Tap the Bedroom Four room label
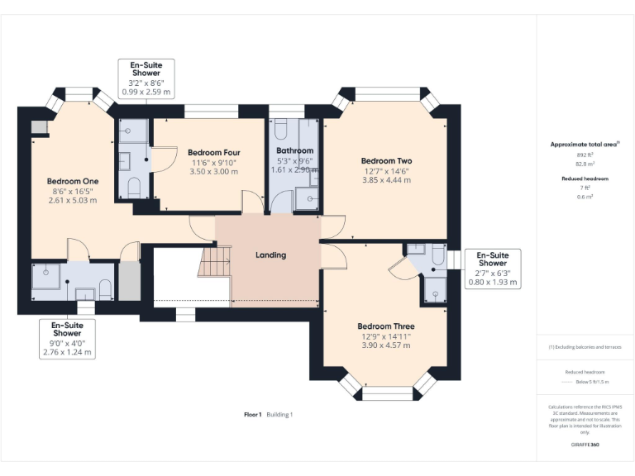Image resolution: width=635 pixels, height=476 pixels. click(x=214, y=152)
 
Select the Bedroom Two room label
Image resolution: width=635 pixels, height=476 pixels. click(x=386, y=161)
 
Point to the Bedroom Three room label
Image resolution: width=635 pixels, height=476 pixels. click(x=386, y=326)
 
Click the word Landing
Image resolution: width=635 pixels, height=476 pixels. click(x=270, y=255)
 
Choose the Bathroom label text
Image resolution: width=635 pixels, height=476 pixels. click(x=294, y=150)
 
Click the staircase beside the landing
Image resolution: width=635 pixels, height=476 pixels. click(x=215, y=264)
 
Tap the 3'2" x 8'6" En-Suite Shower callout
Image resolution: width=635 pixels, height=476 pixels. click(x=146, y=79)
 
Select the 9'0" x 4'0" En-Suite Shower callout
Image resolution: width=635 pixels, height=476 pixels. click(x=67, y=339)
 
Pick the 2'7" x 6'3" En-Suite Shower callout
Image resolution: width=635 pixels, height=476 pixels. click(x=494, y=269)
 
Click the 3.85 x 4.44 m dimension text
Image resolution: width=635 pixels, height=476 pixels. click(x=386, y=180)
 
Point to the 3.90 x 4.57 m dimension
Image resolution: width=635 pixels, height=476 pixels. click(x=386, y=345)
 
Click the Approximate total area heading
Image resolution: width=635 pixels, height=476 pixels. click(x=584, y=144)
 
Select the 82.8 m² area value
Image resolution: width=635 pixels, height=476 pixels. click(x=585, y=164)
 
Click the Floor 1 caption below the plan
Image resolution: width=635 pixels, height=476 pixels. click(x=253, y=414)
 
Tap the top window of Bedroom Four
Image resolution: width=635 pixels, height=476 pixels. click(x=211, y=112)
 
